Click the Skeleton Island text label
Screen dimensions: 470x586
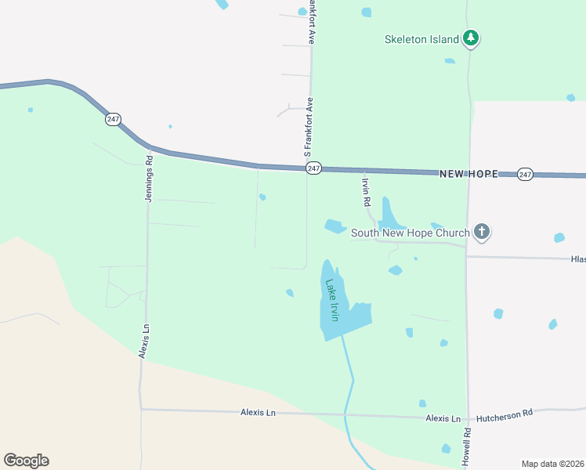(421, 38)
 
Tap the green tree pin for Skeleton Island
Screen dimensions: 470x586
(470, 38)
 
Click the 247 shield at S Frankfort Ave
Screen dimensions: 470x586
(314, 168)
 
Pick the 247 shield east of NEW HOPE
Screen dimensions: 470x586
(525, 174)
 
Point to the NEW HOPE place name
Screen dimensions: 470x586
(468, 174)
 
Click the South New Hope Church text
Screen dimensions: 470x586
(410, 233)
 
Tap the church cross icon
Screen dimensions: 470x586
(482, 232)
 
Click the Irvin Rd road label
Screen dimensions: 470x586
(366, 191)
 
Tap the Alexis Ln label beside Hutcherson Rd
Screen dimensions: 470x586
(443, 418)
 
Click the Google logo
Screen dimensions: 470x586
(26, 461)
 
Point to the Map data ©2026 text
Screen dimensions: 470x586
(552, 464)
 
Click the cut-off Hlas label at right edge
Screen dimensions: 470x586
(577, 258)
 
